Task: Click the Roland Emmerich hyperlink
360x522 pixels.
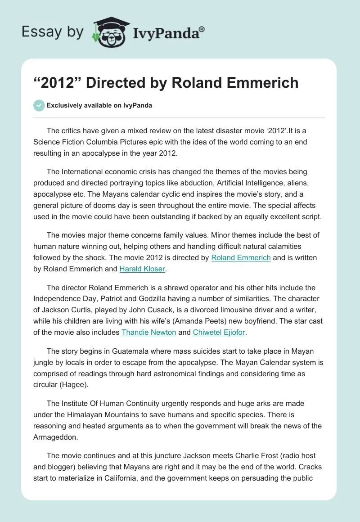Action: (x=241, y=258)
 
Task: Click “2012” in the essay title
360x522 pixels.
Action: (x=56, y=83)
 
